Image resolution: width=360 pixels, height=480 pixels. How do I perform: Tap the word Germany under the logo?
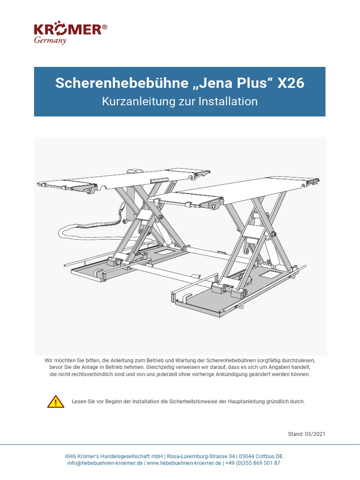coord(50,40)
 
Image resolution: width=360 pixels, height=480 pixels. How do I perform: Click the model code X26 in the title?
coord(291,83)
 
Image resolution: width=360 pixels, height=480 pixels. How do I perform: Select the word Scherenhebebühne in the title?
coord(121,83)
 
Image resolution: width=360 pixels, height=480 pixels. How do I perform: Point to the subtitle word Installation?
coord(228,101)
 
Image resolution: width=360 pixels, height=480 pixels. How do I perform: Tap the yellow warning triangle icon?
coord(56,402)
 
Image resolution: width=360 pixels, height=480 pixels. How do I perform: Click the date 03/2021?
coord(315,434)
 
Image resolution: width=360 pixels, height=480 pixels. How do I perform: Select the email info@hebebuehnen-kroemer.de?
coord(105,463)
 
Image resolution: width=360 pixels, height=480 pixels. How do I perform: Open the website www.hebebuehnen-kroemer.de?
coord(184,463)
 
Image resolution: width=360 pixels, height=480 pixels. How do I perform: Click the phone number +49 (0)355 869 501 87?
coord(253,463)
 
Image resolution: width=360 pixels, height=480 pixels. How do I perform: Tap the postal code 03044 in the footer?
coord(247,456)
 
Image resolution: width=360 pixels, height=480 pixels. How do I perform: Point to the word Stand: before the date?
coord(296,434)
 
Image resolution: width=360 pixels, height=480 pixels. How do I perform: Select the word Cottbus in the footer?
coord(266,456)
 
